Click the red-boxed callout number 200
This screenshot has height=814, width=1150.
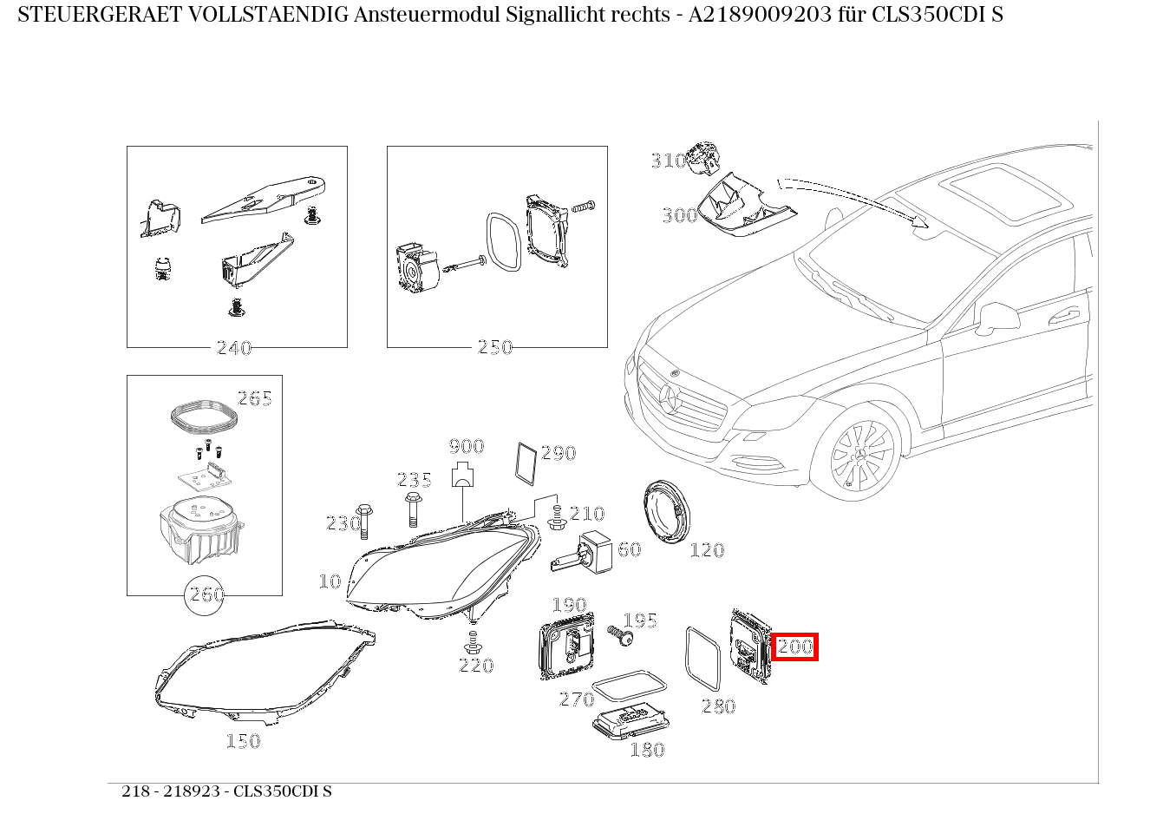794,647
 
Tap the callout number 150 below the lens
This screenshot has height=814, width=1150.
243,741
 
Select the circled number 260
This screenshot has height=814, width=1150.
206,595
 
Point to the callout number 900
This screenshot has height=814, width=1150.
466,447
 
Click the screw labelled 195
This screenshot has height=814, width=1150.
619,635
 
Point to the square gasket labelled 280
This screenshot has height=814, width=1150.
703,659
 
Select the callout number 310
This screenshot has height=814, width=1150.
668,161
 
